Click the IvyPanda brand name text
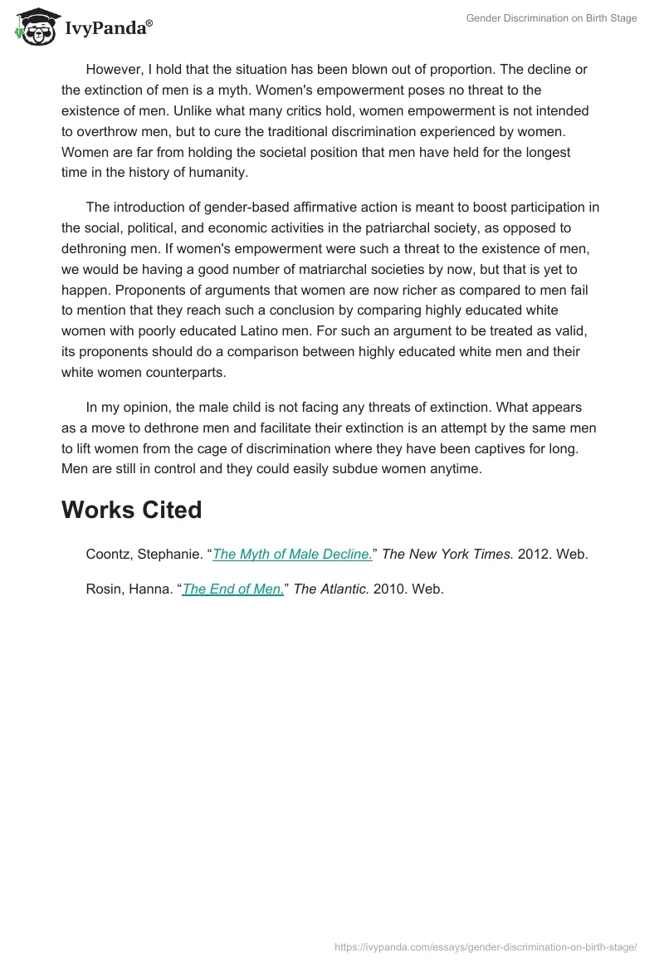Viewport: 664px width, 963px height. coord(108,28)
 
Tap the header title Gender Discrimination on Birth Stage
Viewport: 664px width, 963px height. coord(551,18)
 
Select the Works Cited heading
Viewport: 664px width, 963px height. coord(131,510)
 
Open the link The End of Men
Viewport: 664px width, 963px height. coord(233,589)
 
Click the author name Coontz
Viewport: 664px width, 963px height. coord(111,555)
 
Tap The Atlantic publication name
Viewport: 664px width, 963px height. coord(331,589)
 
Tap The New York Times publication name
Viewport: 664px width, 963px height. coord(447,555)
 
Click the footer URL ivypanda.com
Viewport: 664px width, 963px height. coord(486,946)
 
